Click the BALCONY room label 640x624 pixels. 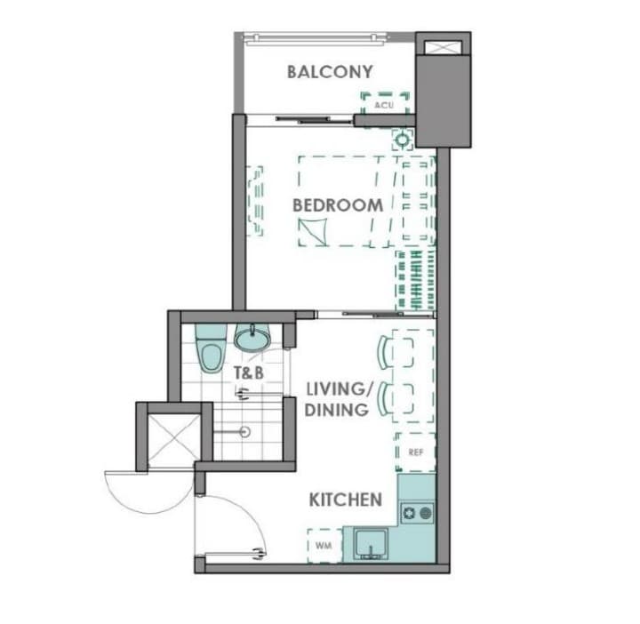click(x=330, y=72)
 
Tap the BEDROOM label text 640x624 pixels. click(x=338, y=205)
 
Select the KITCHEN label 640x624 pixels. click(x=345, y=500)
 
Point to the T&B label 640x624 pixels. click(x=249, y=372)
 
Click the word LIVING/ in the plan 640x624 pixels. click(x=340, y=389)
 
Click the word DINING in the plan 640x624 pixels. click(x=337, y=410)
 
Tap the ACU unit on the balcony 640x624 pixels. click(x=385, y=105)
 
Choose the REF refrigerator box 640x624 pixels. click(x=415, y=452)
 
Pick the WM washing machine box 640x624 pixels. click(x=324, y=545)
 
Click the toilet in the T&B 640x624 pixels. click(x=211, y=348)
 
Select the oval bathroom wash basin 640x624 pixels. click(x=252, y=338)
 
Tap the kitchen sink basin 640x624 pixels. click(x=371, y=544)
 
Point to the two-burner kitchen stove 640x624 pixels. click(x=417, y=514)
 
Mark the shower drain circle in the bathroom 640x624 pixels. click(x=245, y=431)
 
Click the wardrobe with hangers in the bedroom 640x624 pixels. click(x=415, y=280)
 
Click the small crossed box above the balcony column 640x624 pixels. click(x=444, y=47)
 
